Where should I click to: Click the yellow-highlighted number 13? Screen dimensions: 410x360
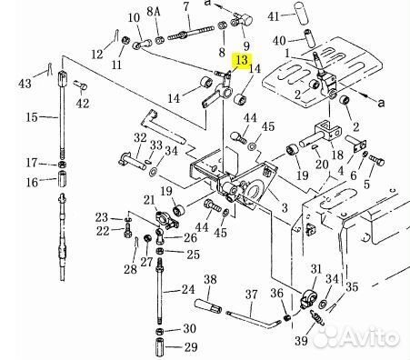coord(242,60)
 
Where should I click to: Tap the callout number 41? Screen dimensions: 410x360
coord(274,16)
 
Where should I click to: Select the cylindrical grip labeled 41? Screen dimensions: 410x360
coord(302,12)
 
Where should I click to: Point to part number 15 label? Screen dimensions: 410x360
coord(32,117)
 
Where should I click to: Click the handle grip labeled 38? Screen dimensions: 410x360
coord(208,306)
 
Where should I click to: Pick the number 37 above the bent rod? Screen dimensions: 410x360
coord(251,295)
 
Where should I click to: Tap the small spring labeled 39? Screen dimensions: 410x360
coord(317,318)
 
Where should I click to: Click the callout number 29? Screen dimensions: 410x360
coord(191,347)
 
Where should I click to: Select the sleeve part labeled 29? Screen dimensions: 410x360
coord(160,347)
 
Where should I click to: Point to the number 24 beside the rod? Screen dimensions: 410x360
coord(188,289)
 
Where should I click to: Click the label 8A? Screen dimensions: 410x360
coord(154,12)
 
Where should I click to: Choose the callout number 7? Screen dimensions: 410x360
coord(186,6)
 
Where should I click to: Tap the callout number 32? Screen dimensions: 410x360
coord(140,138)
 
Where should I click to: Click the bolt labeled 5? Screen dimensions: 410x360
coord(376,160)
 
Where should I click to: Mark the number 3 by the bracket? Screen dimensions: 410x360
coord(285,208)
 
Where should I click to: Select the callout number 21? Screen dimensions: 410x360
coord(149,200)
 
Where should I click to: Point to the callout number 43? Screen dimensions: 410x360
coord(25,83)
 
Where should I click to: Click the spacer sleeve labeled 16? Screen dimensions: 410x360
coord(62,179)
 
